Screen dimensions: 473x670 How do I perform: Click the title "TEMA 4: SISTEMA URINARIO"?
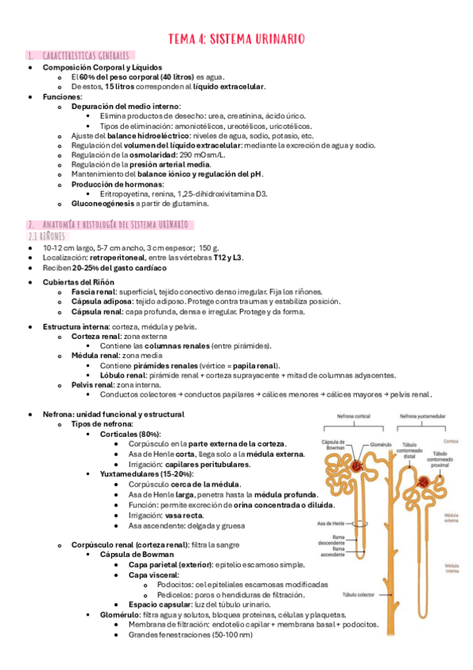pos(237,37)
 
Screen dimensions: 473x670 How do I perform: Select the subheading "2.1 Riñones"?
pos(48,236)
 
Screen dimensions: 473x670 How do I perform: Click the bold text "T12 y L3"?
pos(227,258)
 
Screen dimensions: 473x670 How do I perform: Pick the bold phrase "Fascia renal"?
pos(95,292)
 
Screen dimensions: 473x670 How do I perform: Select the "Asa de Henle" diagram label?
pos(331,525)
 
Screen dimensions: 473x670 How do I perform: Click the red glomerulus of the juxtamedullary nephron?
pos(425,482)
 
